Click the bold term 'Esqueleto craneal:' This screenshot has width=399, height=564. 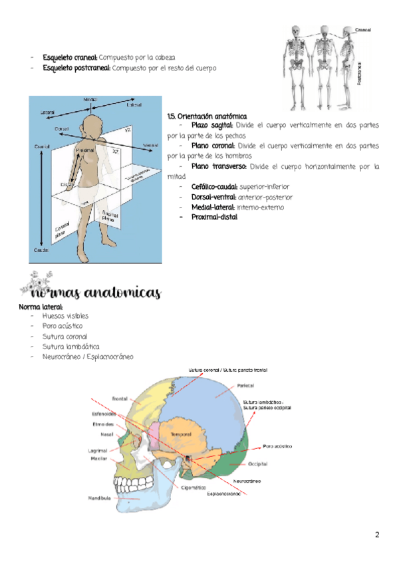[x=70, y=58]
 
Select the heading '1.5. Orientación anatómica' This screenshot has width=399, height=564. [x=206, y=116]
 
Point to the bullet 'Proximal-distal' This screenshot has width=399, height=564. [x=213, y=217]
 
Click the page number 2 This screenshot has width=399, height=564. [x=377, y=535]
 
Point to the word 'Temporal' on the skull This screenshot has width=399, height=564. [x=181, y=434]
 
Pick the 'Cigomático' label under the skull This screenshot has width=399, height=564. [x=195, y=487]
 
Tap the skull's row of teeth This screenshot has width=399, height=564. [x=124, y=481]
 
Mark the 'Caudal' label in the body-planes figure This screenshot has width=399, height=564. [x=41, y=249]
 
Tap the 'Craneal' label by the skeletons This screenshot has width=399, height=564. [x=362, y=31]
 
